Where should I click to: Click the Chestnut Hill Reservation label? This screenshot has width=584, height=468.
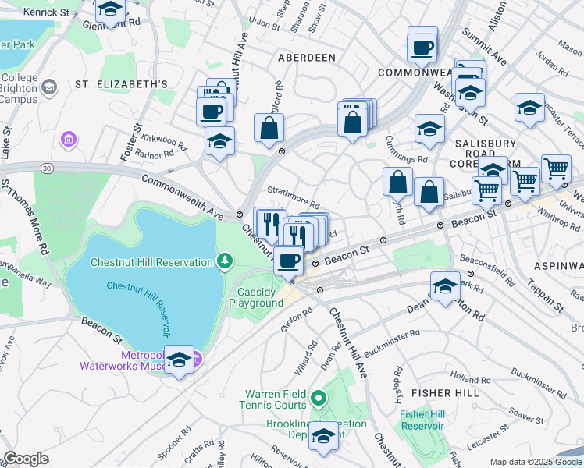pyautogui.click(x=152, y=262)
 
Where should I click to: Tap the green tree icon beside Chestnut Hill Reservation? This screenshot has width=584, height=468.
pyautogui.click(x=225, y=259)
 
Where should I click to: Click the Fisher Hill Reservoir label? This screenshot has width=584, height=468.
pyautogui.click(x=422, y=420)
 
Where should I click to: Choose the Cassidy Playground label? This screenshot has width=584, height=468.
pyautogui.click(x=260, y=297)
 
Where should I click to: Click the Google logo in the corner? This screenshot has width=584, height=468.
pyautogui.click(x=27, y=459)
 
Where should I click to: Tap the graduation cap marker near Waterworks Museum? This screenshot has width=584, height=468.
pyautogui.click(x=180, y=360)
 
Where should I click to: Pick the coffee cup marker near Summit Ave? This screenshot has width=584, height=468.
pyautogui.click(x=422, y=48)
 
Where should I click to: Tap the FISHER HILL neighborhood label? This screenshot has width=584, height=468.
pyautogui.click(x=445, y=392)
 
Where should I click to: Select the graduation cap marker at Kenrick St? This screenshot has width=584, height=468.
pyautogui.click(x=111, y=10)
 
